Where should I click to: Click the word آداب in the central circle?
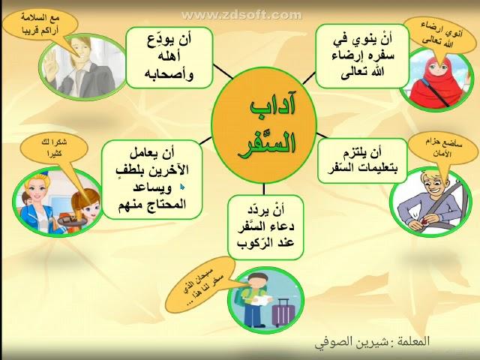coord(273,106)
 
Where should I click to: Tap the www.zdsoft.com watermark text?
coord(241,15)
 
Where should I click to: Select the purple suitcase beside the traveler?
coord(283,312)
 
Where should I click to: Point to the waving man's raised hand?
coord(49,64)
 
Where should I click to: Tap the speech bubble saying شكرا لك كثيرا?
coord(54,148)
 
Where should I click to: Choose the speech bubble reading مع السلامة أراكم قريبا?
coord(40,25)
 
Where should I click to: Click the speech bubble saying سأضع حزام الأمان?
coord(442,148)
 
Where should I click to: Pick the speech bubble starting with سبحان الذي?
coord(201,285)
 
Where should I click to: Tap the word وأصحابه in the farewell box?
coord(169,74)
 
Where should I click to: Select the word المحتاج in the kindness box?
coord(169,203)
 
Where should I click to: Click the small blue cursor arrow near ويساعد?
coord(182,187)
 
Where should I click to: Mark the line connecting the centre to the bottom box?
coord(264,189)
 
